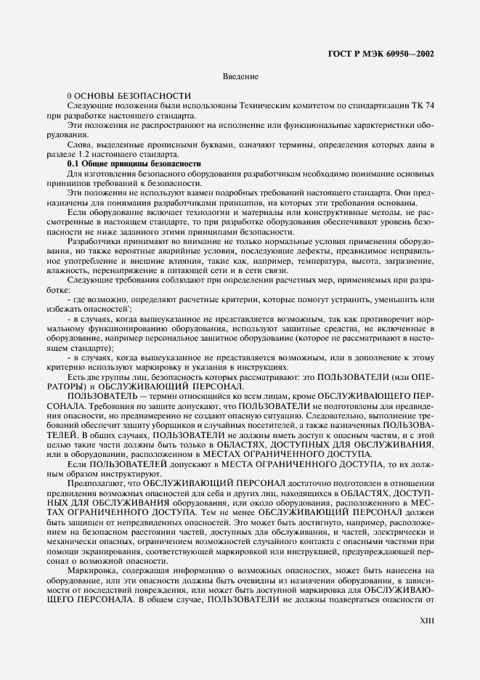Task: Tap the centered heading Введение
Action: click(x=240, y=76)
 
